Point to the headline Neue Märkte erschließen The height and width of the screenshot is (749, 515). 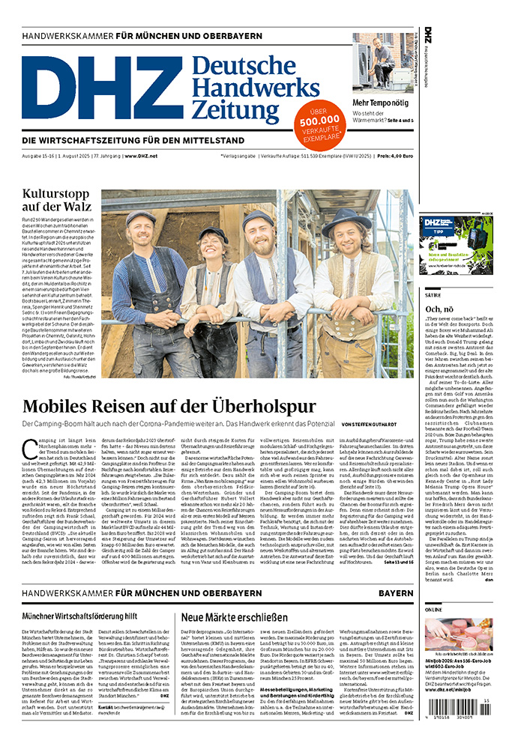pos(234,618)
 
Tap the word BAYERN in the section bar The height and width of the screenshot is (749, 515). pos(395,593)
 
